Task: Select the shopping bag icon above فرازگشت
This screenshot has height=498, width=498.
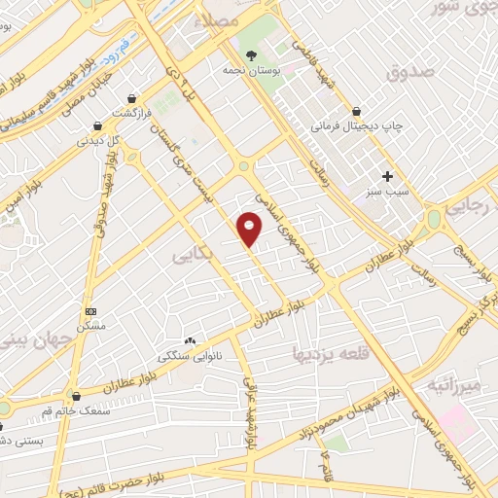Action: (x=131, y=98)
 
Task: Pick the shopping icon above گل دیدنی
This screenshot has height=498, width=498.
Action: (x=97, y=124)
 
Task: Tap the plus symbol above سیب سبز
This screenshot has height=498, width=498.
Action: (x=387, y=176)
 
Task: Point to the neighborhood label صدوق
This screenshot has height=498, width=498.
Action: (x=407, y=73)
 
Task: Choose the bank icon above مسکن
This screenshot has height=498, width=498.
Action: (x=91, y=311)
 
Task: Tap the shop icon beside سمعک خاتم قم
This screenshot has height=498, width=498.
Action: (x=76, y=396)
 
